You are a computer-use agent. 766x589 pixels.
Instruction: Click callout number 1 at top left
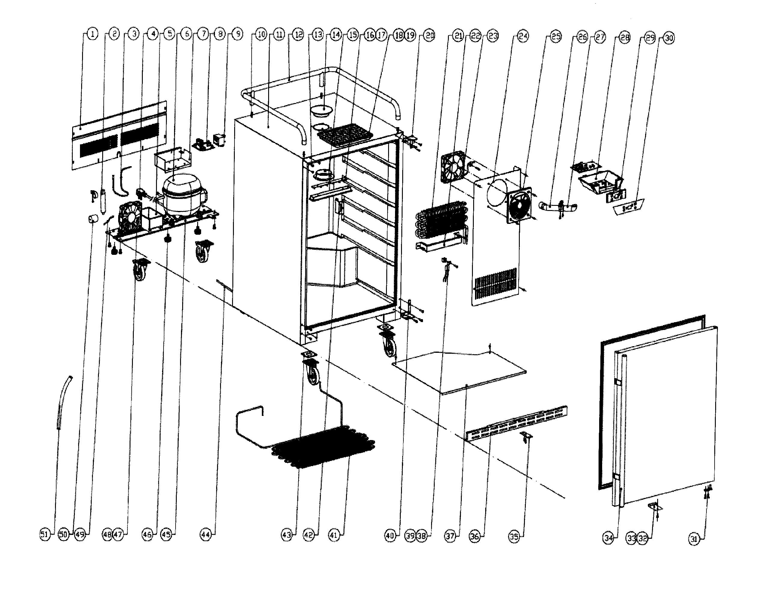(x=92, y=34)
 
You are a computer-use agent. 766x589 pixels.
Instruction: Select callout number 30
(x=669, y=38)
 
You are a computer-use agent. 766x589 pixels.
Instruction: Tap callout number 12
(x=298, y=35)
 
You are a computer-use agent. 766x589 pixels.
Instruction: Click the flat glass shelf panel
(x=459, y=372)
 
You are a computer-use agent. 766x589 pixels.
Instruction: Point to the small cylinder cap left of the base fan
(x=93, y=219)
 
